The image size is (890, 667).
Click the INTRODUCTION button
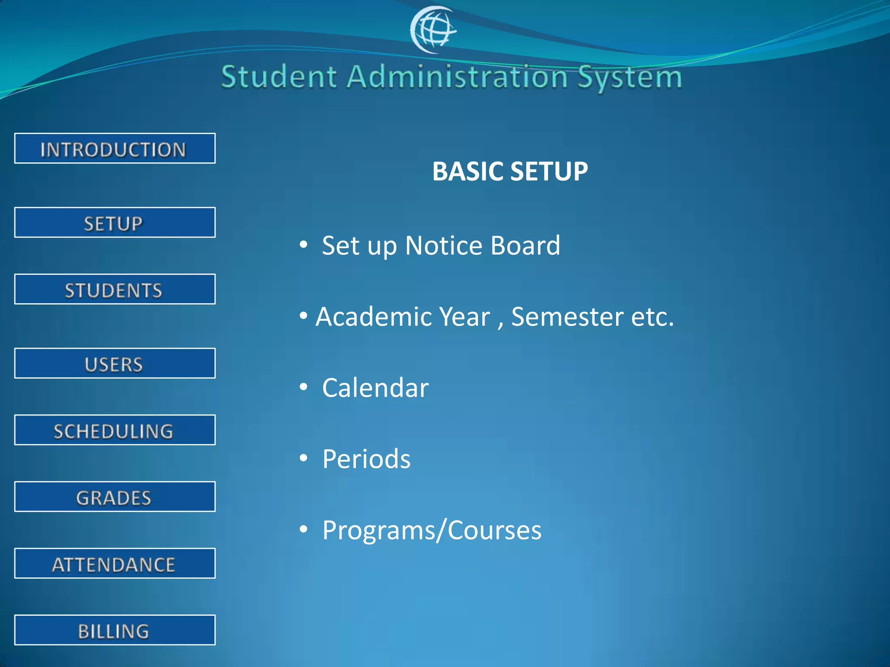tap(115, 149)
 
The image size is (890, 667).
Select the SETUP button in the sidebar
tap(115, 223)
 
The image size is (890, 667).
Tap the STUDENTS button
tap(115, 289)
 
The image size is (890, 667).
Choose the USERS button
tap(115, 363)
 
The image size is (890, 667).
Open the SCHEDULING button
tap(115, 430)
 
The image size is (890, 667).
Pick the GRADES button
tap(115, 497)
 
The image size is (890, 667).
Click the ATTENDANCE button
tap(115, 564)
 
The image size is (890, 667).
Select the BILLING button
tap(115, 630)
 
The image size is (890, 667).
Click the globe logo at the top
tap(433, 30)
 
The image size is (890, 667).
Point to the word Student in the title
tap(279, 77)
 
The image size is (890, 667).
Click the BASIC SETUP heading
tap(510, 171)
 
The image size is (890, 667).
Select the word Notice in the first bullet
tap(443, 246)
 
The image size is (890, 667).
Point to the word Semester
tap(568, 317)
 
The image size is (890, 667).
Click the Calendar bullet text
tap(375, 388)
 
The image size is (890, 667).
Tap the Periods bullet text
tap(366, 459)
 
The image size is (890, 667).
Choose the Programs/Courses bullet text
tap(432, 531)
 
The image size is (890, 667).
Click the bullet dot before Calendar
tap(303, 386)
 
